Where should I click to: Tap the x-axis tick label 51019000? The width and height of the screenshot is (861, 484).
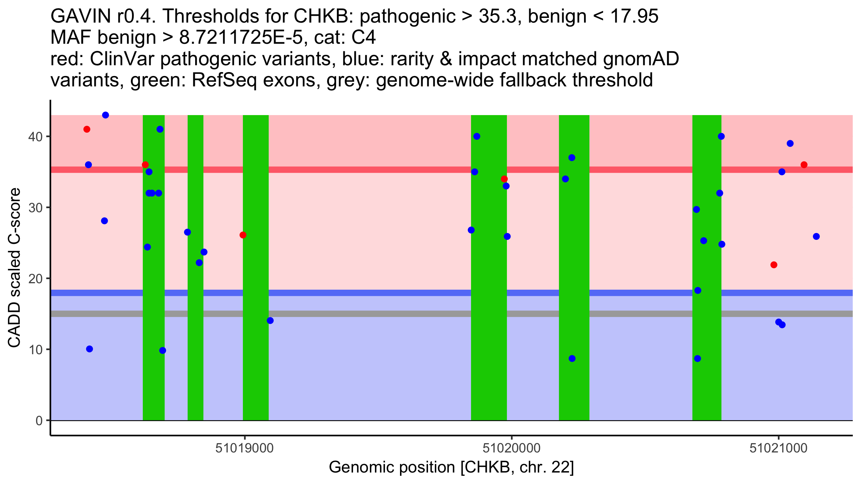(x=244, y=448)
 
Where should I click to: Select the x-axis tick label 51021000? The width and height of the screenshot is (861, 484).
(x=778, y=448)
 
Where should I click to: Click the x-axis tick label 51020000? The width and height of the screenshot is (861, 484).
(x=512, y=448)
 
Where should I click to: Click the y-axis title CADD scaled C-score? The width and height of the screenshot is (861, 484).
(x=14, y=269)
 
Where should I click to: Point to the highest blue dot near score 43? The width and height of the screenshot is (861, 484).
(x=105, y=115)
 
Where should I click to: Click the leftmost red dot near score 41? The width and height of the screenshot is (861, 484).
(x=87, y=129)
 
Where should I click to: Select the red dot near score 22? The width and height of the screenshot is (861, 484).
(x=774, y=265)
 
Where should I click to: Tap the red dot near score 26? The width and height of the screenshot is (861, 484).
(x=243, y=235)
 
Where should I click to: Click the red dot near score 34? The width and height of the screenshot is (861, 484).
(x=504, y=179)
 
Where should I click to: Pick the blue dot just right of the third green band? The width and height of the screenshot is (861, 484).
(x=270, y=321)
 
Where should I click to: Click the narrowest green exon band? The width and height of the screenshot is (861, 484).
(x=196, y=267)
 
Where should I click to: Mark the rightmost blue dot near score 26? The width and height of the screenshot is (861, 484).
(x=816, y=237)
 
